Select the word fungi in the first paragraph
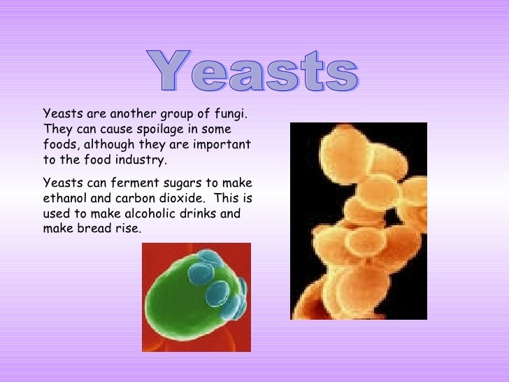[233, 114]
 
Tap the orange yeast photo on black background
[358, 221]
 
